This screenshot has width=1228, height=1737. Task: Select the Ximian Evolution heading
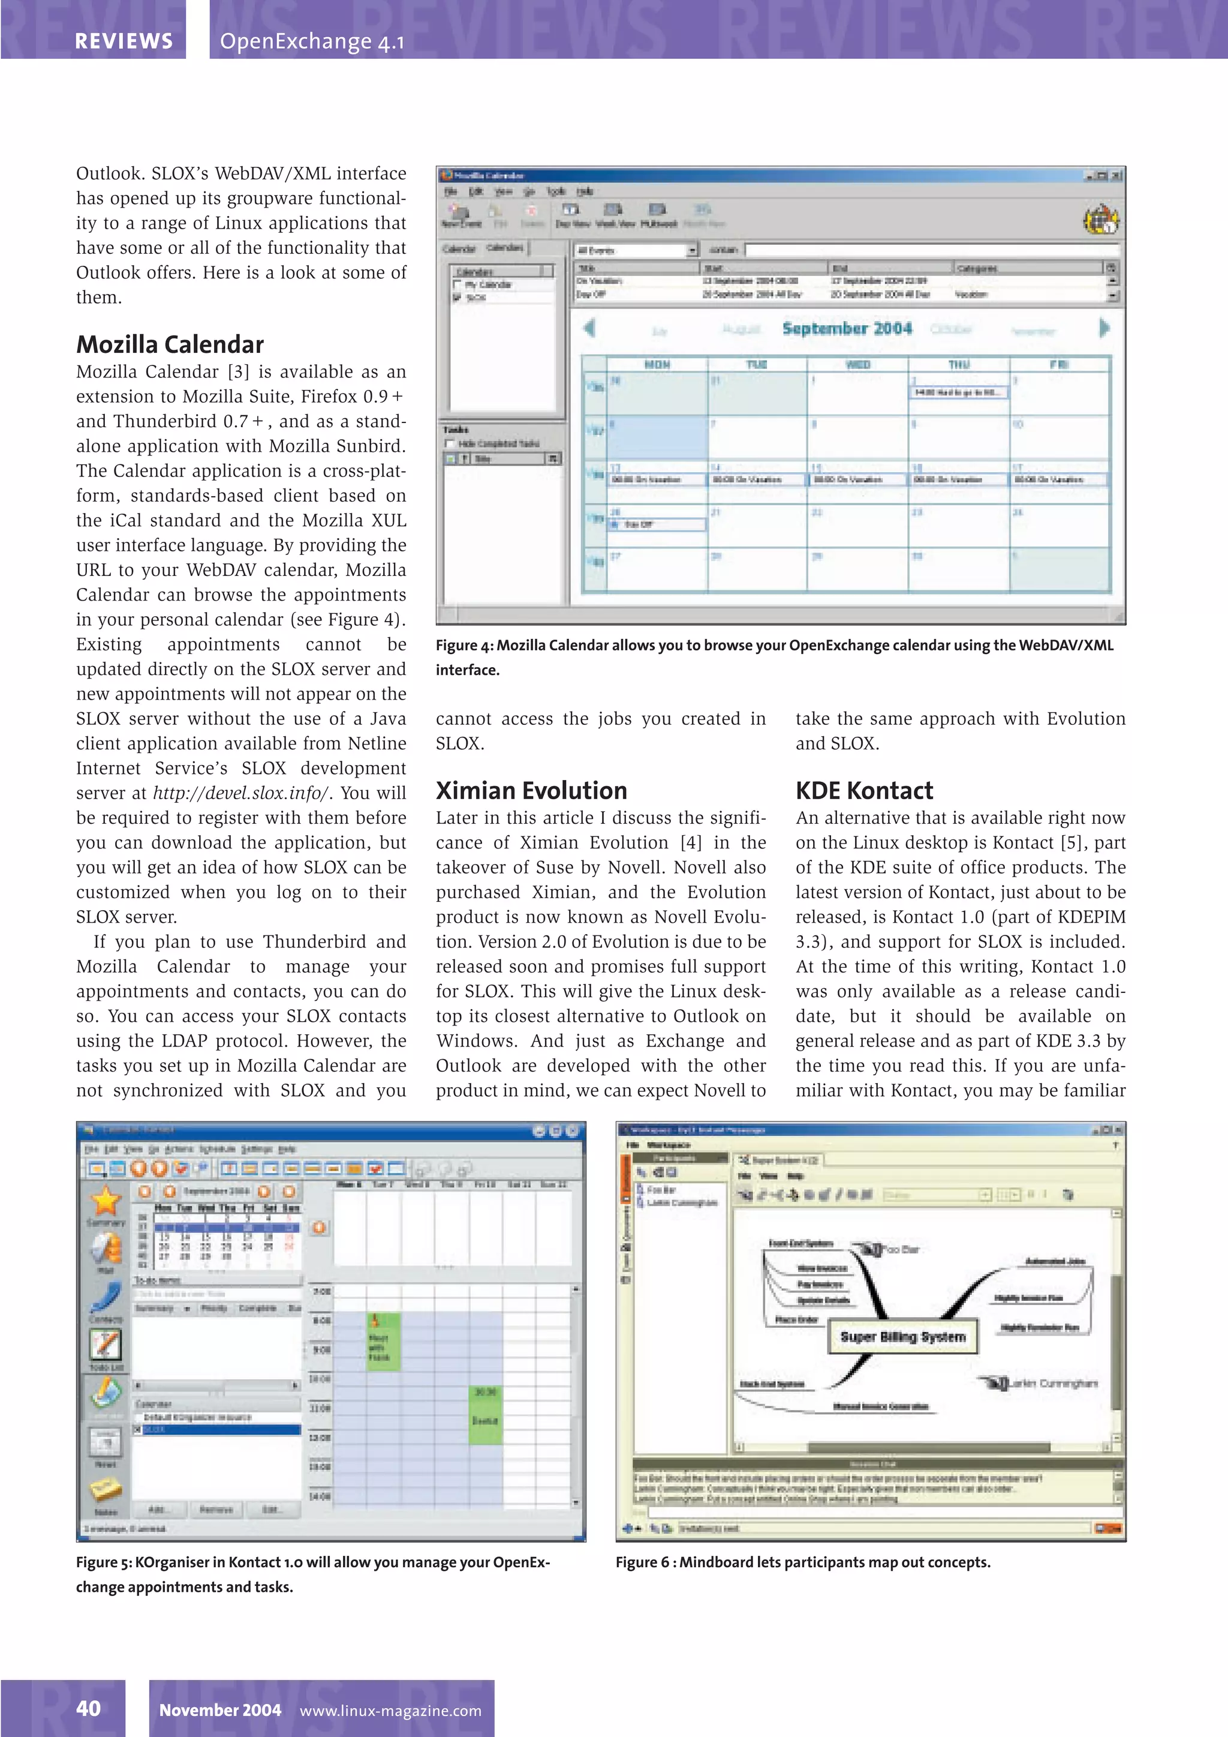click(x=531, y=791)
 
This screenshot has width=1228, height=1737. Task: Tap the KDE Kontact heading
click(x=863, y=791)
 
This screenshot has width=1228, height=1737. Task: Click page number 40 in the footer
click(x=89, y=1708)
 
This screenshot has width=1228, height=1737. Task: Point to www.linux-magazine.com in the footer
click(x=390, y=1711)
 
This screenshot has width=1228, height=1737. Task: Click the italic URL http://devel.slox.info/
click(x=240, y=793)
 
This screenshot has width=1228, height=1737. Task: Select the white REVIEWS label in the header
click(x=124, y=41)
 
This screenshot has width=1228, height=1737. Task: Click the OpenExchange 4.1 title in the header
click(x=312, y=41)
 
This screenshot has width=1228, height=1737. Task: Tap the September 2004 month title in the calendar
click(x=847, y=328)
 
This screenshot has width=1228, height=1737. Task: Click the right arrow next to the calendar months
click(x=1104, y=328)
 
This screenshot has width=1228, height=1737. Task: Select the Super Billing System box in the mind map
click(x=903, y=1337)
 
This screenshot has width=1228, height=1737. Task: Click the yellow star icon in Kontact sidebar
click(x=106, y=1201)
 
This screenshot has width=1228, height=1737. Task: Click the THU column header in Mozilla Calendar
click(x=958, y=365)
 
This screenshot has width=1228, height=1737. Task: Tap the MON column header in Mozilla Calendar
click(x=657, y=365)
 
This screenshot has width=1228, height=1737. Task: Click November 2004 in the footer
click(x=219, y=1711)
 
